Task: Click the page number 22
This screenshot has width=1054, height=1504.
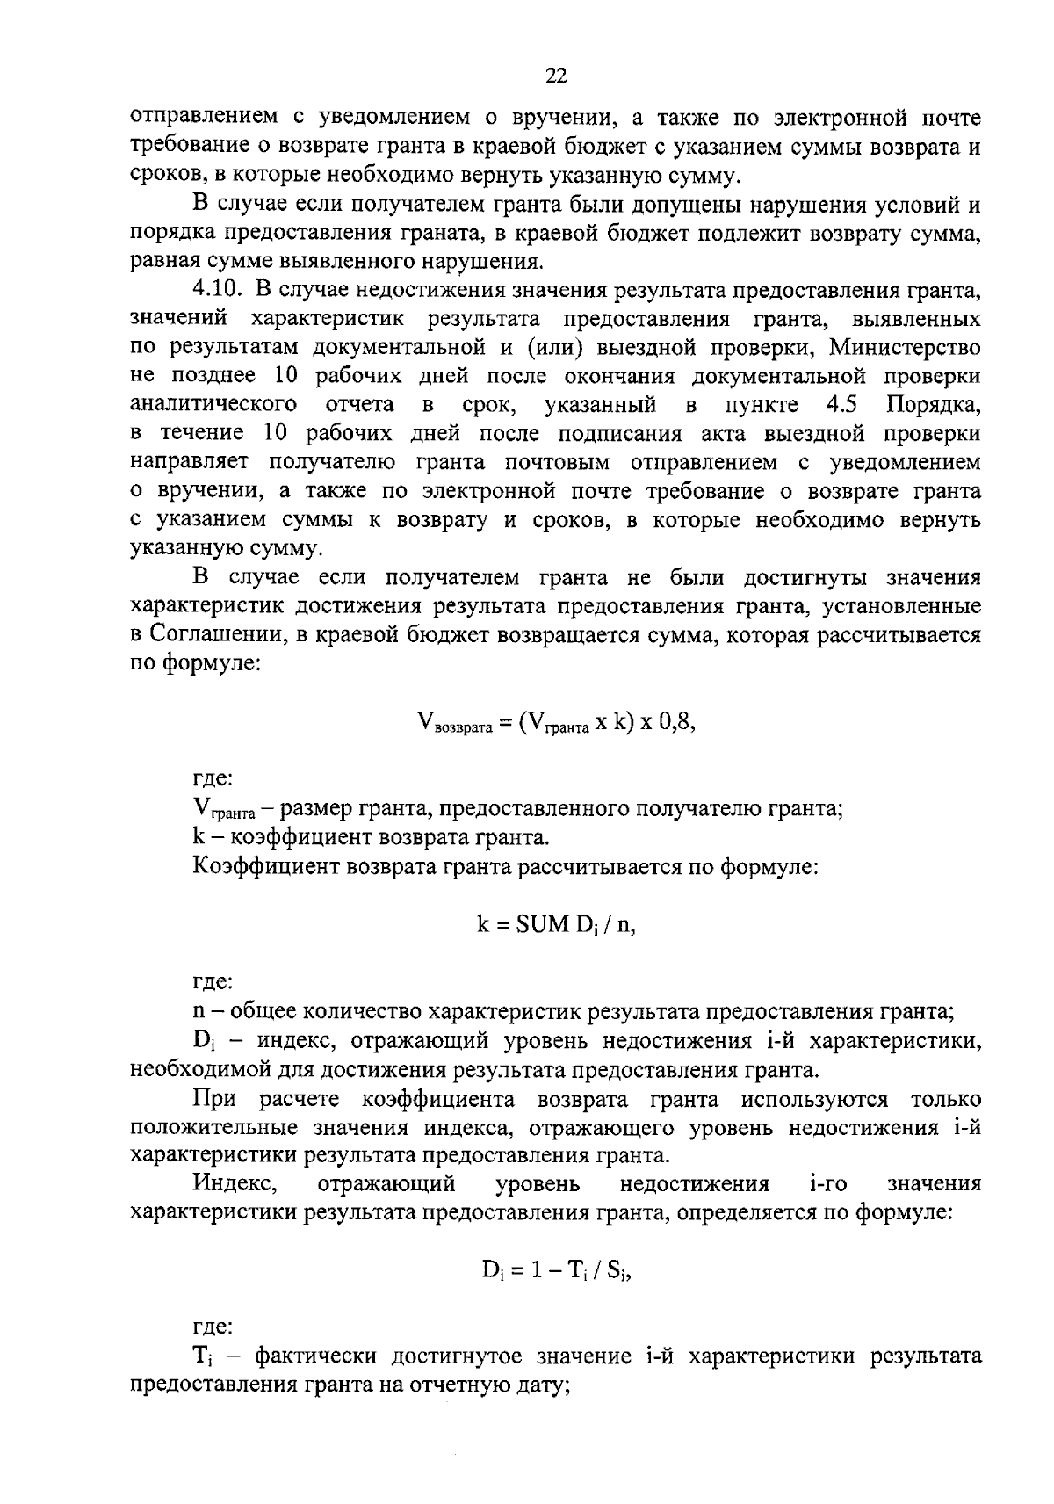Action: point(556,76)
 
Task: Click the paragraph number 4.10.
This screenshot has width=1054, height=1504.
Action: point(218,289)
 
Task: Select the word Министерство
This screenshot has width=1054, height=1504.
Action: point(905,347)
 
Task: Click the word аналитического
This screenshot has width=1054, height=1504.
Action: point(212,405)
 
